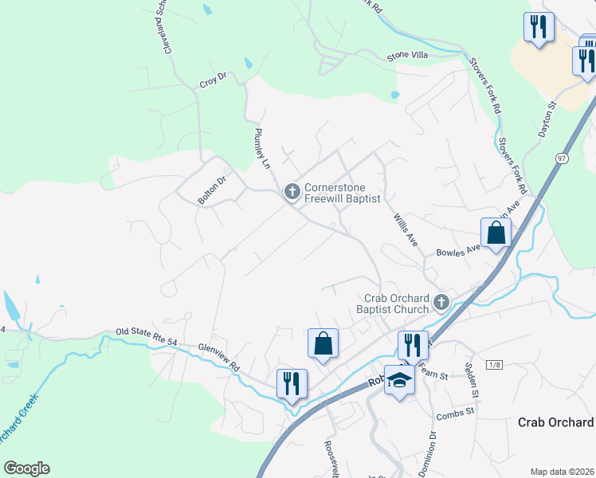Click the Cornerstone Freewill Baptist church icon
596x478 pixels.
point(292,191)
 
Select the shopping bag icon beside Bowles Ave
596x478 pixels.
point(495,233)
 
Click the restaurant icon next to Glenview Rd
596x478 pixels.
point(292,382)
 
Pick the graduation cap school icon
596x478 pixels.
point(400,379)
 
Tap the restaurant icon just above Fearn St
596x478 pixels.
point(413,345)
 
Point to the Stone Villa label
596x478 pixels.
point(408,55)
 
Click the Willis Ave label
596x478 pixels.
point(406,228)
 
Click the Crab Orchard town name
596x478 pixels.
point(555,422)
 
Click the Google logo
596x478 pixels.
point(26,468)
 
